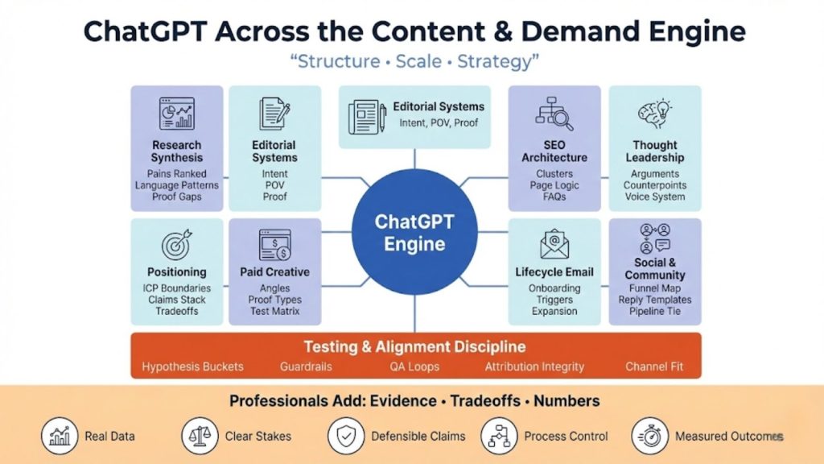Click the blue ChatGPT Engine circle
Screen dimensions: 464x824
(414, 233)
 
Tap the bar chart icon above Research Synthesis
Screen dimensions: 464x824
(176, 114)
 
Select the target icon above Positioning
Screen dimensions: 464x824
(176, 246)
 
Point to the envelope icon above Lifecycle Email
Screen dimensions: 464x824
(554, 244)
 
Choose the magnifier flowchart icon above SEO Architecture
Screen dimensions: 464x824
(554, 114)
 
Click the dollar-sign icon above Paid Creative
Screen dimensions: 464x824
(274, 244)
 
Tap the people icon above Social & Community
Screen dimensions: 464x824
(653, 238)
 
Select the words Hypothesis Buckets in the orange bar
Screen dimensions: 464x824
(193, 367)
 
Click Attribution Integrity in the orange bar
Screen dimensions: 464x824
(534, 367)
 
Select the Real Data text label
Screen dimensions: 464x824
(109, 436)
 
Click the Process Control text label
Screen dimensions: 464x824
(566, 436)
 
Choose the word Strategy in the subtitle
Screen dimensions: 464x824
(496, 61)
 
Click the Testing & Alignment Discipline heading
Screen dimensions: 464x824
(414, 347)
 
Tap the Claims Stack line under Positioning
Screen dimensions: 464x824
(176, 300)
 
